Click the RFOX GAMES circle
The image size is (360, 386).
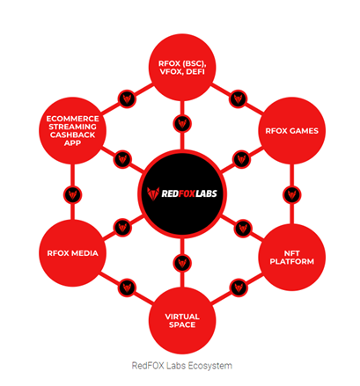pos(291,131)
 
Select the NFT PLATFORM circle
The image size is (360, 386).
pos(291,258)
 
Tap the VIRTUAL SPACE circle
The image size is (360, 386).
pos(182,321)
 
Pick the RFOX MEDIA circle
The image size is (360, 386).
pos(72,253)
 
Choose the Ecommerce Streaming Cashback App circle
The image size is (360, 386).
pos(72,131)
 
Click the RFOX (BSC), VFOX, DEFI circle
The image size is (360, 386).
pos(182,68)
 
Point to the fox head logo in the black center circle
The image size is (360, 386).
pos(153,193)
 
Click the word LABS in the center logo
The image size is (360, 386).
pos(206,193)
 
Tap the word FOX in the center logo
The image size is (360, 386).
pos(186,193)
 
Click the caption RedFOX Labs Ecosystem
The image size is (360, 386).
pos(182,366)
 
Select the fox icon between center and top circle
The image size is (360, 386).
pos(182,124)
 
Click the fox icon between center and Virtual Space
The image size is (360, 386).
pos(182,263)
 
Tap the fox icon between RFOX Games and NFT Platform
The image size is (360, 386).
pos(291,195)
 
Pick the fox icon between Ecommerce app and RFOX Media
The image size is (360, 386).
pos(72,195)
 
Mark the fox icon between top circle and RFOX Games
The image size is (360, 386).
pos(238,99)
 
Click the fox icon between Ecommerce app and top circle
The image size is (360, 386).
pos(127,99)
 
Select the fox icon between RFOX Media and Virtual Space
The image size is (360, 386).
pos(127,288)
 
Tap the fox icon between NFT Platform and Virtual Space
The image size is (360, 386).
pos(239,288)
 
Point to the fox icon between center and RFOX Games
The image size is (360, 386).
pos(241,159)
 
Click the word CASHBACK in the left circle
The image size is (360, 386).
pos(72,135)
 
